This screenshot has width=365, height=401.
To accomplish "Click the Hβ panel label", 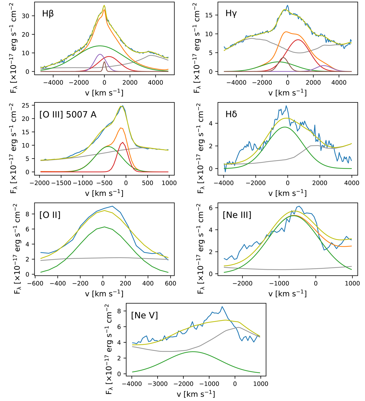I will tap(48, 14).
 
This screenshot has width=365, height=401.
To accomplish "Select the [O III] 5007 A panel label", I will tap(68, 115).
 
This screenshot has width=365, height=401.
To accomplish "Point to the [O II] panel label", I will tap(50, 215).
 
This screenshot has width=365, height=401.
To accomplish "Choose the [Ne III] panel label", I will tap(237, 215).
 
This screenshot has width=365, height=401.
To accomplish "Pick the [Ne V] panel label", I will tap(144, 315).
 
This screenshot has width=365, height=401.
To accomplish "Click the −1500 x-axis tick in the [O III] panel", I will tap(61, 183).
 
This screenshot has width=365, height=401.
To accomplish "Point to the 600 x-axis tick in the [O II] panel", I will tap(171, 283).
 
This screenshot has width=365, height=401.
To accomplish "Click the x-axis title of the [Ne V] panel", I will tap(196, 394).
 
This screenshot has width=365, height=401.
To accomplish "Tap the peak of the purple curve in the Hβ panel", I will tap(100, 54).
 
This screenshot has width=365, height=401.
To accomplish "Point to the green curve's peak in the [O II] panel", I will tap(104, 227).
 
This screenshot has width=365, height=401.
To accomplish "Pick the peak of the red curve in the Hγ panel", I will tap(298, 40).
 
